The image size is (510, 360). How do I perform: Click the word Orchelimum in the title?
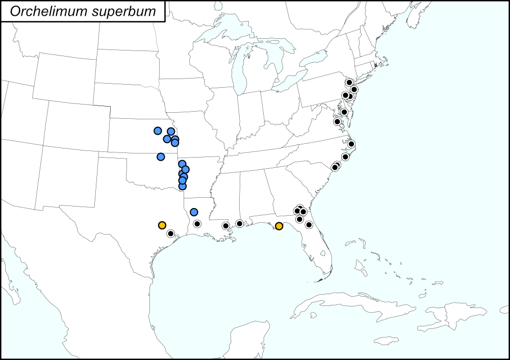(x=44, y=12)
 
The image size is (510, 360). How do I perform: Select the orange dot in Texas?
(x=162, y=225)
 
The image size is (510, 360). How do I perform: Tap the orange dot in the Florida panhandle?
(x=279, y=226)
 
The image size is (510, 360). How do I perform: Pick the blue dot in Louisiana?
(x=194, y=212)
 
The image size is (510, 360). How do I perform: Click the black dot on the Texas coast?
(x=171, y=234)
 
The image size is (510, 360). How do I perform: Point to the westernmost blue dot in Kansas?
(x=158, y=131)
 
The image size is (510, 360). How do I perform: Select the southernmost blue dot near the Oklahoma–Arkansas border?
(x=182, y=186)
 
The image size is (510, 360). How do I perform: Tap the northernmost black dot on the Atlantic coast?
(x=349, y=82)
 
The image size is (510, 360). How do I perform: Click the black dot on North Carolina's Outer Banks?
(x=351, y=144)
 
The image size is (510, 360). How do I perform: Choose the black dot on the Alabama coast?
(x=239, y=223)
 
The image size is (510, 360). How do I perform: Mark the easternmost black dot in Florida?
(x=309, y=224)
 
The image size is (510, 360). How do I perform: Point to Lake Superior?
(x=224, y=32)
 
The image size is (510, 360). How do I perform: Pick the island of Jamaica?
(x=386, y=340)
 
